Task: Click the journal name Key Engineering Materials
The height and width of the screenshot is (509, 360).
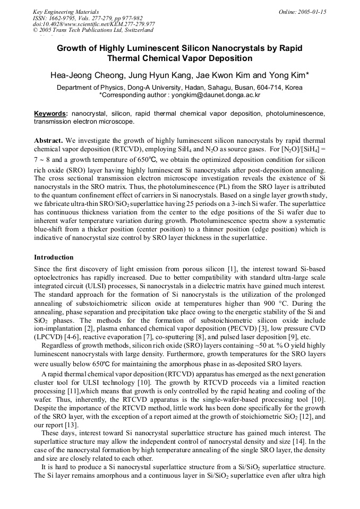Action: (65, 11)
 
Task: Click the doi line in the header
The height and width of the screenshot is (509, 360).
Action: (94, 24)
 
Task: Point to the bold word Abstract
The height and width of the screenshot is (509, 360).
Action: (48, 140)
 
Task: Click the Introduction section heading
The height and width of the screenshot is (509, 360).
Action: (54, 257)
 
